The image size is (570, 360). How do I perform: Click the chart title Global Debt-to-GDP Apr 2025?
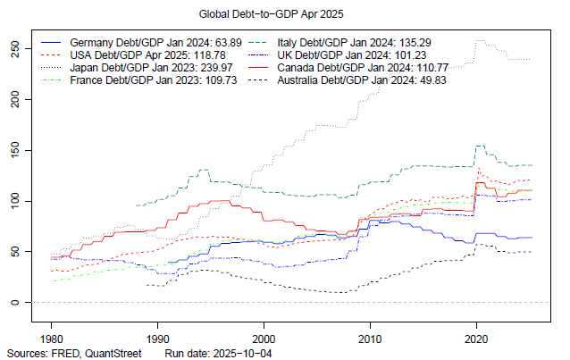(284, 15)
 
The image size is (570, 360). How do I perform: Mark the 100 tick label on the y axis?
(14, 201)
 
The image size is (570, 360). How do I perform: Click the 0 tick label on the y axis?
(14, 303)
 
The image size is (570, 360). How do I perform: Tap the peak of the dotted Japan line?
(480, 40)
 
